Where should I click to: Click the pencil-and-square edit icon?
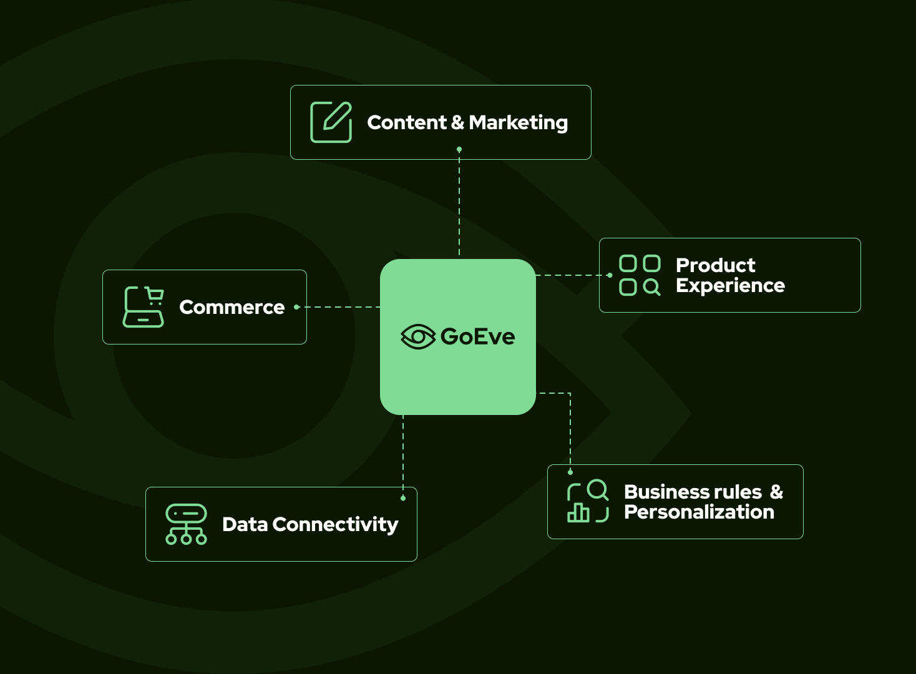(x=331, y=122)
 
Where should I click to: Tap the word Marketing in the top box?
(x=518, y=123)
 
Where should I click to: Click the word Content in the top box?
(x=407, y=122)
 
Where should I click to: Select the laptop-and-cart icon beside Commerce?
(x=144, y=307)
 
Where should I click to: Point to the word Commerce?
(x=231, y=307)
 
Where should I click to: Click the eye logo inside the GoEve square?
(x=417, y=337)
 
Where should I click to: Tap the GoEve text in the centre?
(x=477, y=337)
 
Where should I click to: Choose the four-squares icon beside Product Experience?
(x=640, y=275)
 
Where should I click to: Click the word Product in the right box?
(x=715, y=265)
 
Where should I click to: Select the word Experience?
(x=730, y=286)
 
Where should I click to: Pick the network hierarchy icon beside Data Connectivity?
(x=186, y=524)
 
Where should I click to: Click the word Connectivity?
(x=335, y=525)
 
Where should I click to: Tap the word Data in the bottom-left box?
(x=245, y=525)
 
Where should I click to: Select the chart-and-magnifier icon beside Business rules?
(x=587, y=501)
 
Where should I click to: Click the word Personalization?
(x=699, y=512)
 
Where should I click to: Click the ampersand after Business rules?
(x=776, y=492)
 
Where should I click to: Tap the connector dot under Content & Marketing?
(x=459, y=150)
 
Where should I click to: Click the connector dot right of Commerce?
(x=296, y=307)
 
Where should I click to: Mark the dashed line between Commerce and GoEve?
(x=340, y=307)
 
